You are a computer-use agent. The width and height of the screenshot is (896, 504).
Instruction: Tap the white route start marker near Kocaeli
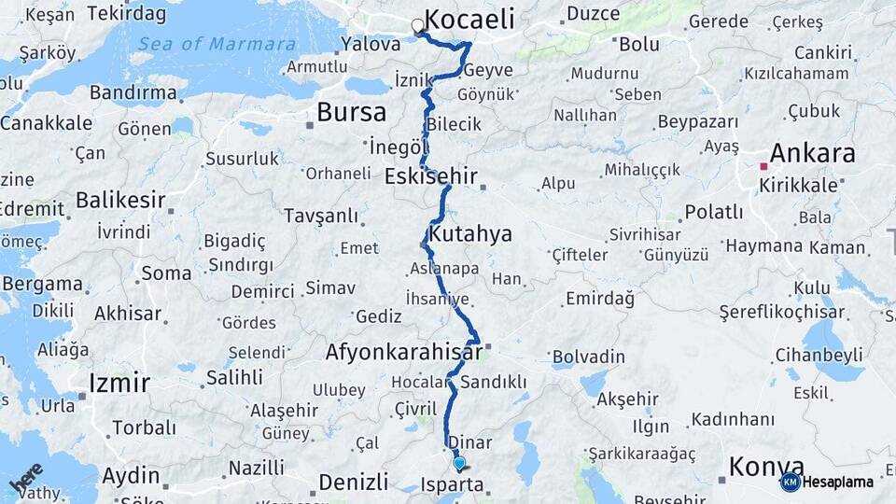tap(418, 25)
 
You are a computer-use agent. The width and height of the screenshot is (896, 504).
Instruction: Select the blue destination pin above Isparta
tap(458, 463)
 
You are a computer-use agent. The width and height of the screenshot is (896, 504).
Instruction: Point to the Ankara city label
tap(811, 153)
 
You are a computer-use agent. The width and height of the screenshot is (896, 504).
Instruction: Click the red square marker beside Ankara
tap(763, 166)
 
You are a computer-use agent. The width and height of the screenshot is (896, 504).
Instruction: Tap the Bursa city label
tap(351, 113)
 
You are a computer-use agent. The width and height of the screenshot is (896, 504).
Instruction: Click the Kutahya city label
tap(470, 233)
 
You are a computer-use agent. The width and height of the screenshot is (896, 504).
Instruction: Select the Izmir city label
tap(119, 382)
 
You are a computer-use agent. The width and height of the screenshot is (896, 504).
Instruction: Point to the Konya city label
tap(766, 466)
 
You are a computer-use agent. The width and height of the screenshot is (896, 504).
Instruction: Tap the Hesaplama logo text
tap(839, 482)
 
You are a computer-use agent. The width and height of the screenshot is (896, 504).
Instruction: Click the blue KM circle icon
tap(790, 482)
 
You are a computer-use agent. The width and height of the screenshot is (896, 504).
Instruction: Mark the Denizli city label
tap(353, 483)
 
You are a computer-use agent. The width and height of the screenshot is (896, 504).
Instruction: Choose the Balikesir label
tap(120, 200)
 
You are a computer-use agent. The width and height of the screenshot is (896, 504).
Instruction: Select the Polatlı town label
tap(714, 212)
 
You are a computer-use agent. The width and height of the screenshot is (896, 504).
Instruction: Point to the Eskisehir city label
tap(431, 175)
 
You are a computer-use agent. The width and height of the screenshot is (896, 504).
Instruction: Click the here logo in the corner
tap(25, 480)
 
